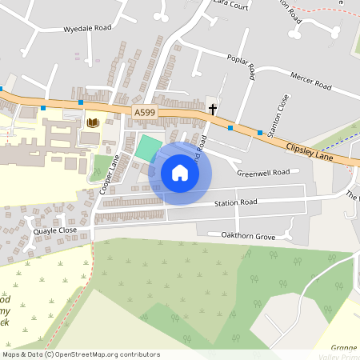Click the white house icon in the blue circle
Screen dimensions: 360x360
[180, 173]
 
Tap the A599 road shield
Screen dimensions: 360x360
[144, 114]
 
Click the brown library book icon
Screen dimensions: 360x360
[92, 122]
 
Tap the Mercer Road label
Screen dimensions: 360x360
[311, 82]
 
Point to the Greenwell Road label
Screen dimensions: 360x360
[262, 172]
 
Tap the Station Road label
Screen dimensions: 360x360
[235, 202]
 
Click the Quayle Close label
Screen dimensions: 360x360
[55, 230]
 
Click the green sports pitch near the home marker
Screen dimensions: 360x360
[146, 148]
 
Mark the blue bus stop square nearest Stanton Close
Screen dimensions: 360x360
[260, 133]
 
